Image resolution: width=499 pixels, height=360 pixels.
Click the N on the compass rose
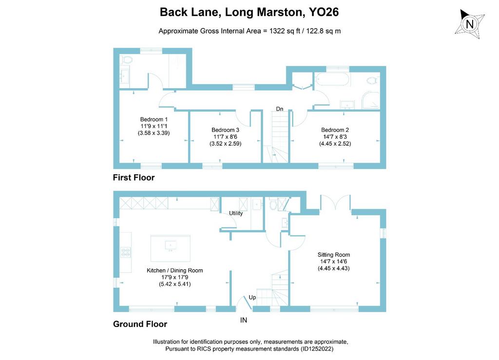pos(470,24)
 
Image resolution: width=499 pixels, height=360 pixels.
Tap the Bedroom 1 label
pos(154,119)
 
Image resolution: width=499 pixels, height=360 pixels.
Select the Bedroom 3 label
pos(225,130)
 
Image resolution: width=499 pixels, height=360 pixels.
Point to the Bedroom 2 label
pos(335,130)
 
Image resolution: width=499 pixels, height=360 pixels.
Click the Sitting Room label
pos(333,255)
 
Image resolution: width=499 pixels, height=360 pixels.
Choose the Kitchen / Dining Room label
pos(175,270)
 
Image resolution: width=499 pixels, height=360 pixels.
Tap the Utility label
pos(236,213)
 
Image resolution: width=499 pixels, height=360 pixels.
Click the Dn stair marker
pos(279,109)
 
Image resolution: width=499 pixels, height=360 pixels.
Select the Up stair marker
pos(252,297)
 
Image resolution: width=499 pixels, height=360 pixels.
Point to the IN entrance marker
pos(244,320)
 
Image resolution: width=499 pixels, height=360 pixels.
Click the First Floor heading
pos(134,177)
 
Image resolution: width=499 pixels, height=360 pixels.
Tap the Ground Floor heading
pos(140,324)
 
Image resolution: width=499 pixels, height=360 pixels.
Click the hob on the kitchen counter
pos(125,252)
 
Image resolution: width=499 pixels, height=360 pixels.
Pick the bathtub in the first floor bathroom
pos(332,79)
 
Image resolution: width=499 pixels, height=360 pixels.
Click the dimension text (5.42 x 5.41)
pos(175,284)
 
